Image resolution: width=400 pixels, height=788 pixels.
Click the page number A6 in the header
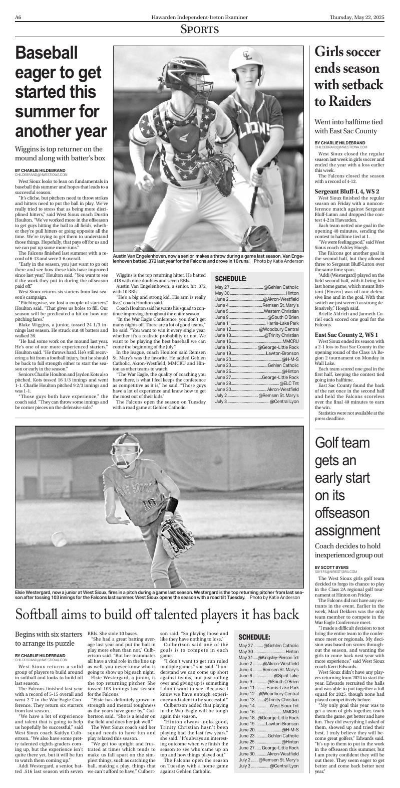pos(18,18)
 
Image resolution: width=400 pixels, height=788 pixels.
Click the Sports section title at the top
pos(200,30)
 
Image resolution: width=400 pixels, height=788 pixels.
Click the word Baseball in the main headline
pos(47,53)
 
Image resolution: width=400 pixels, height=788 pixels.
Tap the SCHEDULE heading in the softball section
pos(254,637)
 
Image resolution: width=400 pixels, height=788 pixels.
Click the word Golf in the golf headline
pos(332,443)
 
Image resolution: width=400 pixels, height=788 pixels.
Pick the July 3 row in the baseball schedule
pos(256,402)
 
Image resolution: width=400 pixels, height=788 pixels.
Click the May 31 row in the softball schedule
pos(269,658)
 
